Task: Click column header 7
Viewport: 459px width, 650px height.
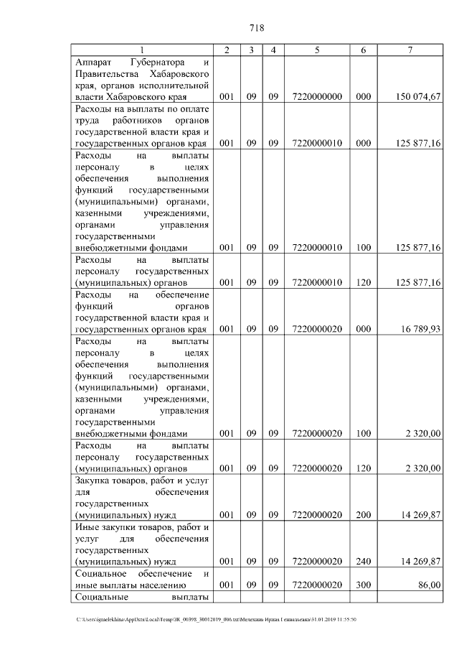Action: point(410,50)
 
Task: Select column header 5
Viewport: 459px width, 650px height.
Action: point(316,50)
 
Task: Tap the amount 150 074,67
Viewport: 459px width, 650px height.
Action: point(417,96)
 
